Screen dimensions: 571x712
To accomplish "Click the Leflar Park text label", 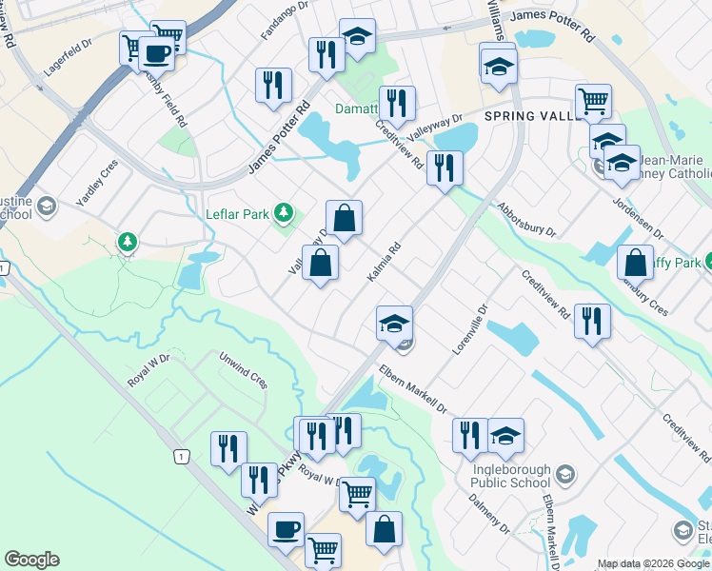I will (x=238, y=212).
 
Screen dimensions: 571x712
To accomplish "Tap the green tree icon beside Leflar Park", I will (x=283, y=211).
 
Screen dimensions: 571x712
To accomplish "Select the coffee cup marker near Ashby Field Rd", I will (x=157, y=53).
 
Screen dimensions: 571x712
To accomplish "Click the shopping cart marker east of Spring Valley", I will (x=594, y=100).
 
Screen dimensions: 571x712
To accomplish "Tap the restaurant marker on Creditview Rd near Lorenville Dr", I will (x=593, y=321).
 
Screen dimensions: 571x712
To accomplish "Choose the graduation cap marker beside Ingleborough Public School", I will (x=506, y=435).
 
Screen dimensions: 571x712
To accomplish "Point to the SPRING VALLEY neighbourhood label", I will (x=532, y=116).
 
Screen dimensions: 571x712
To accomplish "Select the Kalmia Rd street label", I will (x=386, y=261).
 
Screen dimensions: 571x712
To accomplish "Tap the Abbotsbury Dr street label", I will (x=524, y=220).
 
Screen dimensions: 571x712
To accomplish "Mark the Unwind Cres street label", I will (x=244, y=370).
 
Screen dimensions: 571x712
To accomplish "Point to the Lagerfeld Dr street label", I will (x=67, y=58).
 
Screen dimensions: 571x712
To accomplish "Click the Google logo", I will (x=31, y=560).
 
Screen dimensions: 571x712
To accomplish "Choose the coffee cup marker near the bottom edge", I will (x=286, y=529).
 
